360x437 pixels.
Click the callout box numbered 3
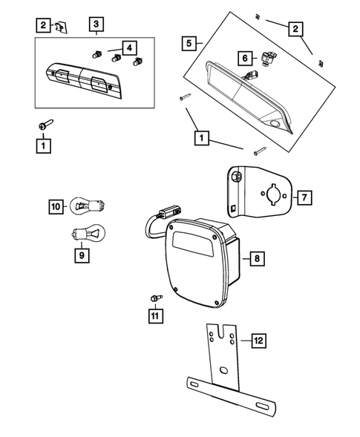click(96, 25)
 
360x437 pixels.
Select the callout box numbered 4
click(129, 48)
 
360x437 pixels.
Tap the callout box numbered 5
click(189, 43)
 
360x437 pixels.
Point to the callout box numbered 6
click(243, 57)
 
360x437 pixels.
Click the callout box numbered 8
click(257, 259)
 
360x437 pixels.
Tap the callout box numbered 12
click(258, 341)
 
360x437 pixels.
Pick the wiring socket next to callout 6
click(269, 58)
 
